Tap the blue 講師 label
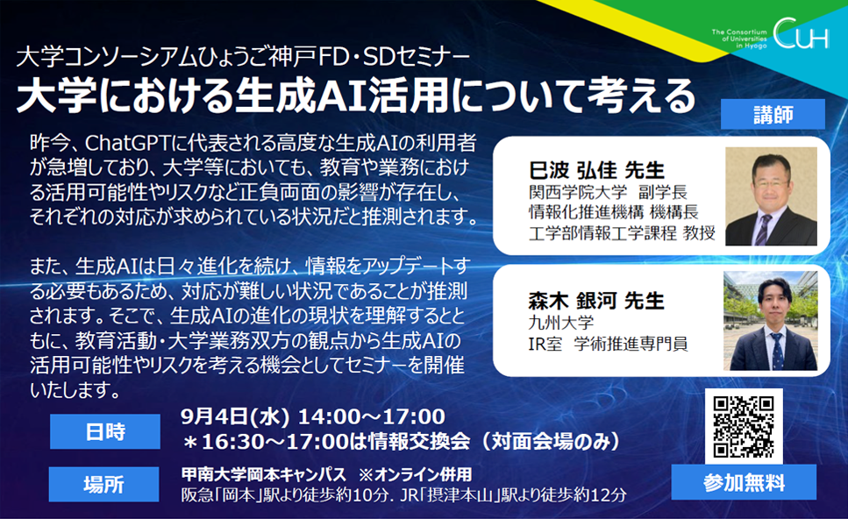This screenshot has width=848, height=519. click(773, 114)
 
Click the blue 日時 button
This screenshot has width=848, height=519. click(105, 431)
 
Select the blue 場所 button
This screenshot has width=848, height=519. click(103, 484)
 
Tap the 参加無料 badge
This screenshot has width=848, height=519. click(744, 482)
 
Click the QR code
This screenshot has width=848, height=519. click(744, 427)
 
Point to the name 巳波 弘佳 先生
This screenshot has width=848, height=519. click(596, 170)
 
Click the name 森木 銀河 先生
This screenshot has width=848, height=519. click(596, 300)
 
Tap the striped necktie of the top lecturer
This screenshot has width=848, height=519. click(764, 230)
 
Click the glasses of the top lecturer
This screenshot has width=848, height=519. click(770, 184)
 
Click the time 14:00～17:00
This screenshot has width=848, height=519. click(372, 416)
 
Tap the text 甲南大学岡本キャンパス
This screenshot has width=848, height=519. click(263, 474)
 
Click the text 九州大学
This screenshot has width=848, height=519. click(561, 323)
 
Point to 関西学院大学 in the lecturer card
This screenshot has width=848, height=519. click(578, 192)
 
